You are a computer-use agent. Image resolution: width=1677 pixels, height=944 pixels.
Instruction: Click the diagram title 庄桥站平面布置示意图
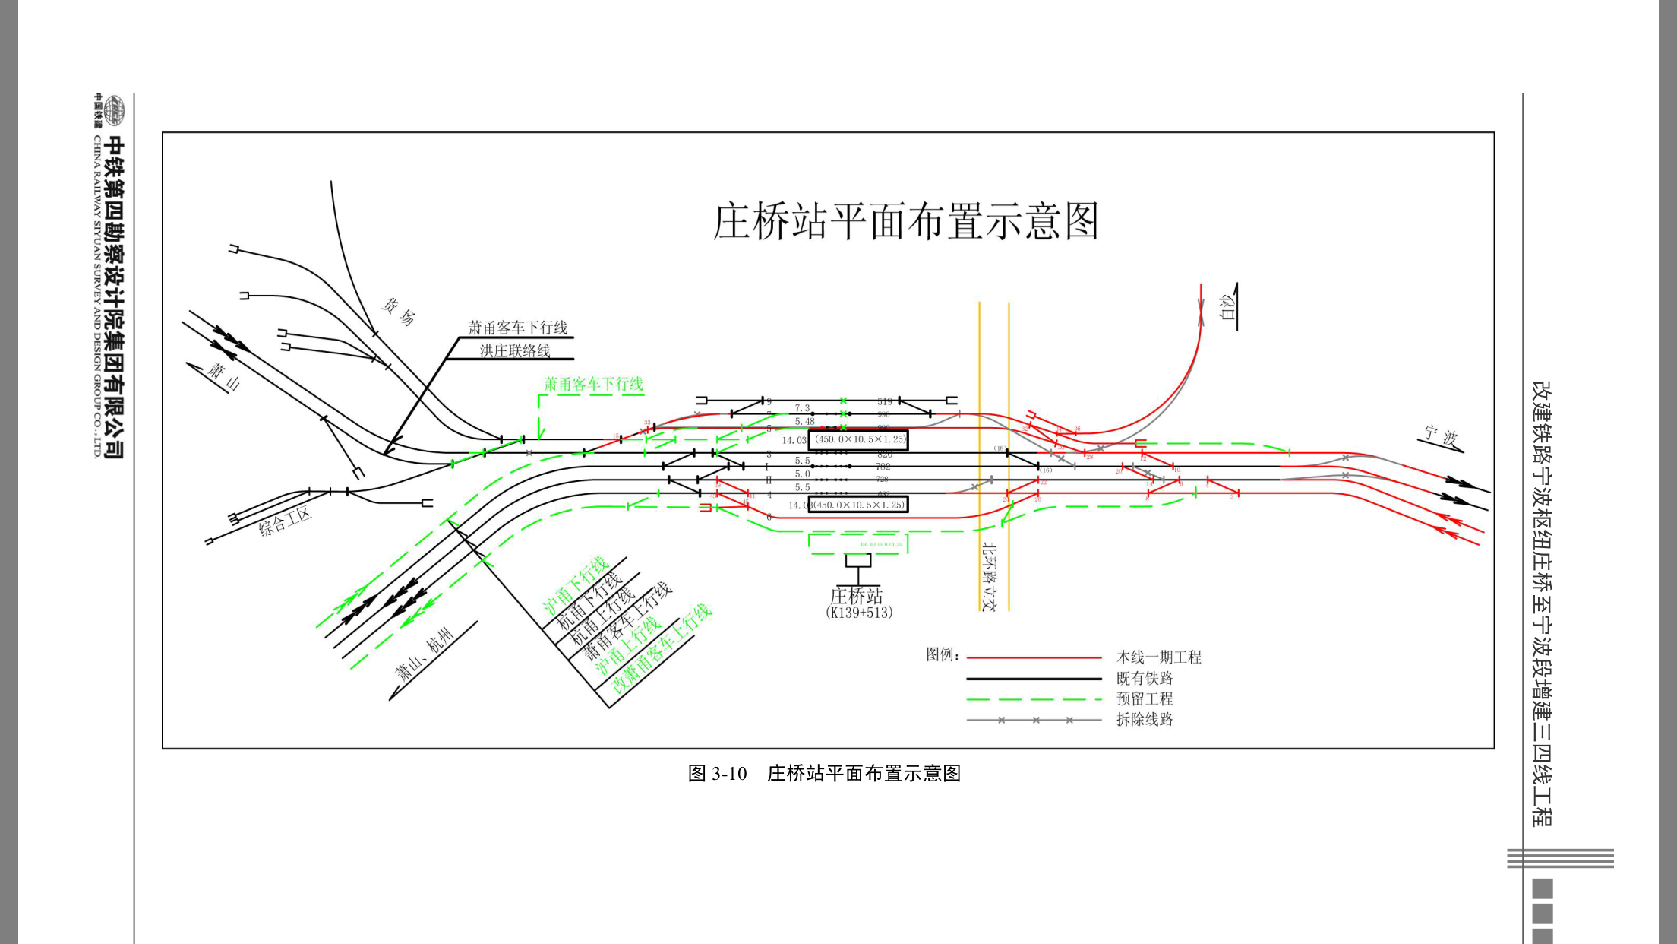coord(905,222)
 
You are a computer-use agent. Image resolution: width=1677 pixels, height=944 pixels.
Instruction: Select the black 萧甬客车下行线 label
coord(517,328)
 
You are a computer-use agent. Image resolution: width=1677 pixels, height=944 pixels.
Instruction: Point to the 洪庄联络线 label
coord(514,350)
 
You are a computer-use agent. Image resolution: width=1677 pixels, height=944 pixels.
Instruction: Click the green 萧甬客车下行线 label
coord(593,384)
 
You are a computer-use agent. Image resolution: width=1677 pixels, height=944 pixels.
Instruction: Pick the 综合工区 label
coord(285,521)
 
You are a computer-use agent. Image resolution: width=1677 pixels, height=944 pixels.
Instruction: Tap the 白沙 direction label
coord(1226,307)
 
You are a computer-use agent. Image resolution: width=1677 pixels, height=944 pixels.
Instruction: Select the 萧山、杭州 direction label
coord(425,654)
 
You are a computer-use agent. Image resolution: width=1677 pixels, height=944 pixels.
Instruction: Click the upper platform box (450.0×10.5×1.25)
coord(858,439)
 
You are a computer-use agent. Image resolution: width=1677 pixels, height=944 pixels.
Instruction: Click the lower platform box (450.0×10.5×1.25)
coord(858,505)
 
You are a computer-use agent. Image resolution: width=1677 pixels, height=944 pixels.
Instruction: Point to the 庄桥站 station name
coord(857,595)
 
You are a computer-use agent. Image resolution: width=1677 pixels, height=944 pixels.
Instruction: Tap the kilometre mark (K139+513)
coord(858,613)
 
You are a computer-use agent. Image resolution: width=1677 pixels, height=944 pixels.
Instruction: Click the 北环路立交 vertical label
coord(988,576)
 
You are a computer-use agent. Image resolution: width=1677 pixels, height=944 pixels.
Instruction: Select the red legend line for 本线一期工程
coord(1033,657)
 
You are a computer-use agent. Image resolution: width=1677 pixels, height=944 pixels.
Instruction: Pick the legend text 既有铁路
coord(1144,678)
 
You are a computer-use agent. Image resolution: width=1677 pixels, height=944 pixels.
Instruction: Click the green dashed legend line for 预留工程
coord(1033,699)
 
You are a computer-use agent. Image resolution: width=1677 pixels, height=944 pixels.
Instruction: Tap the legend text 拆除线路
coord(1144,719)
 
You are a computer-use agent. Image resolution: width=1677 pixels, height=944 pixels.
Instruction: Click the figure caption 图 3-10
coord(717,774)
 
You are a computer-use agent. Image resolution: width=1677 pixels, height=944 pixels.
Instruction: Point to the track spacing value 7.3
coord(802,408)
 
